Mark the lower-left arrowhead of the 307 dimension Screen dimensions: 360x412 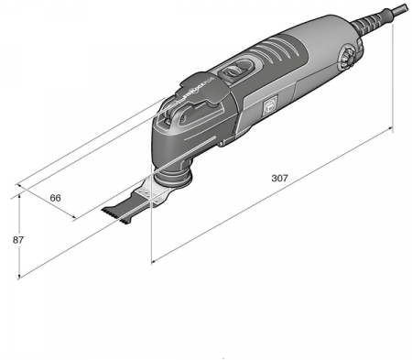pos(153,263)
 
